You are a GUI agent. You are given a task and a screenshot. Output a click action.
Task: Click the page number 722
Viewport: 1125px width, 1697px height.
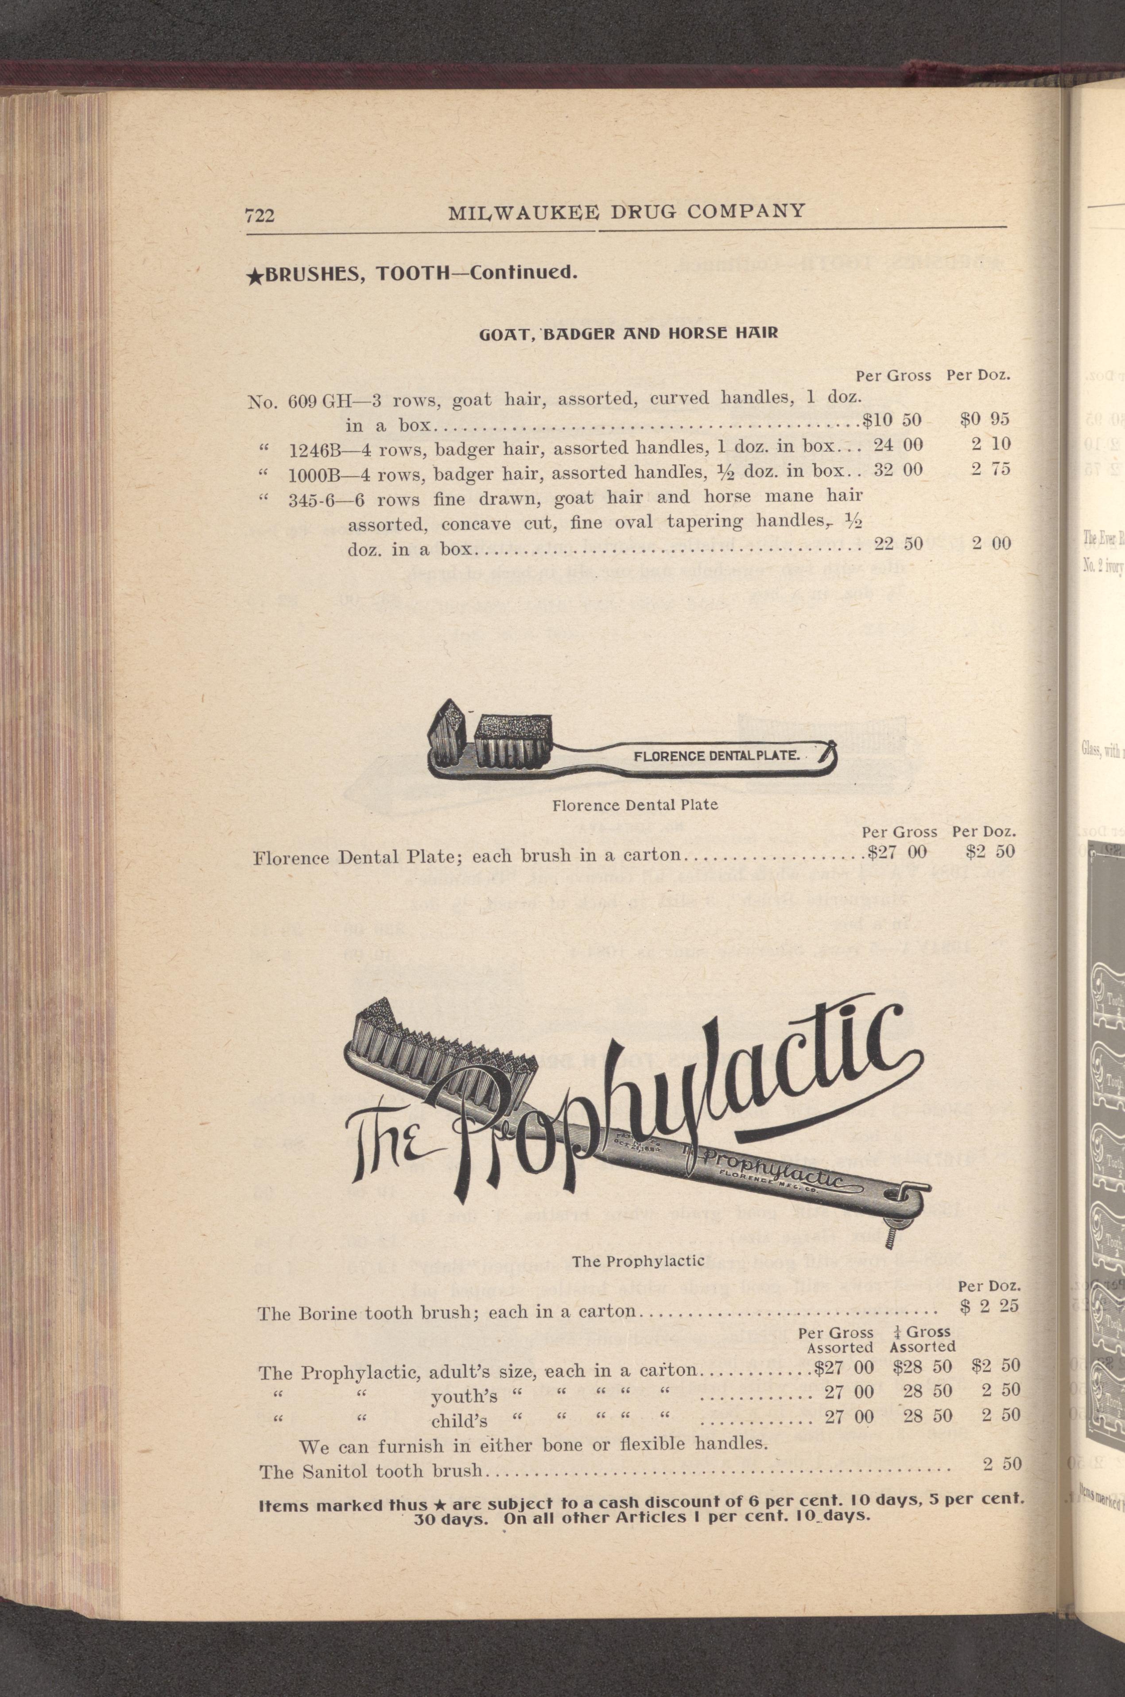260,215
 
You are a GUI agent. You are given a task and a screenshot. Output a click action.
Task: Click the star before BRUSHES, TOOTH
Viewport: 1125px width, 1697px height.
252,278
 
